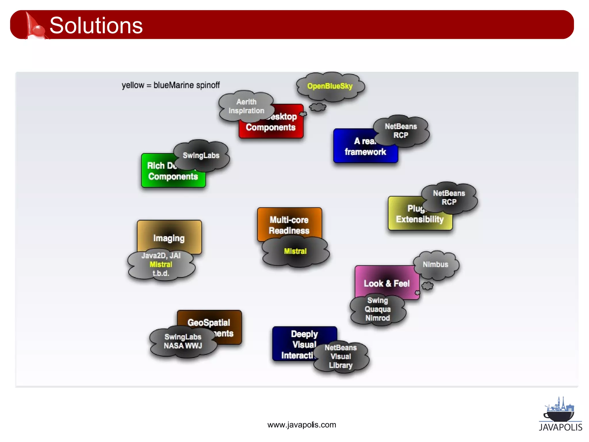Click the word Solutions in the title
tap(96, 25)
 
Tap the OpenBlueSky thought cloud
tap(330, 86)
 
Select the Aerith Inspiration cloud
tap(246, 106)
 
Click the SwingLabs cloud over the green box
tap(201, 155)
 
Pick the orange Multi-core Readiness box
tap(289, 222)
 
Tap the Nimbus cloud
tap(435, 264)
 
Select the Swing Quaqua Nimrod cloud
tap(378, 309)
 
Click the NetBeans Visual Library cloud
tap(341, 357)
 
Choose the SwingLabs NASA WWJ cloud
tap(183, 341)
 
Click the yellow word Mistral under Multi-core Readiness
tap(295, 251)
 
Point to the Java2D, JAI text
tap(161, 256)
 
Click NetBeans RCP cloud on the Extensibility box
tap(449, 198)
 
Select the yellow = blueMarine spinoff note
tap(171, 85)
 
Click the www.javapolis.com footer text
tap(301, 425)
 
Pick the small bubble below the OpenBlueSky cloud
tap(318, 107)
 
